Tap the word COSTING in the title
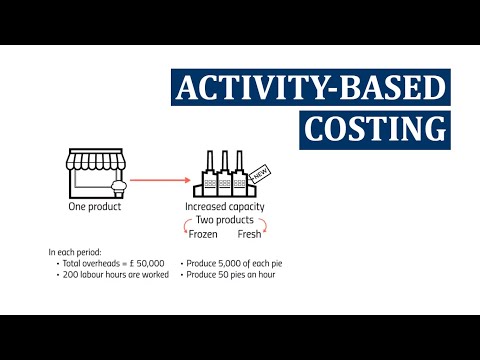coord(376,130)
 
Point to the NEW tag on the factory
coord(259,174)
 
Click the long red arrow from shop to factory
coord(160,181)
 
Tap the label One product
coord(94,207)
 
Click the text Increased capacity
coord(225,207)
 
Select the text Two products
coord(225,220)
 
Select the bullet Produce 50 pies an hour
coord(229,273)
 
